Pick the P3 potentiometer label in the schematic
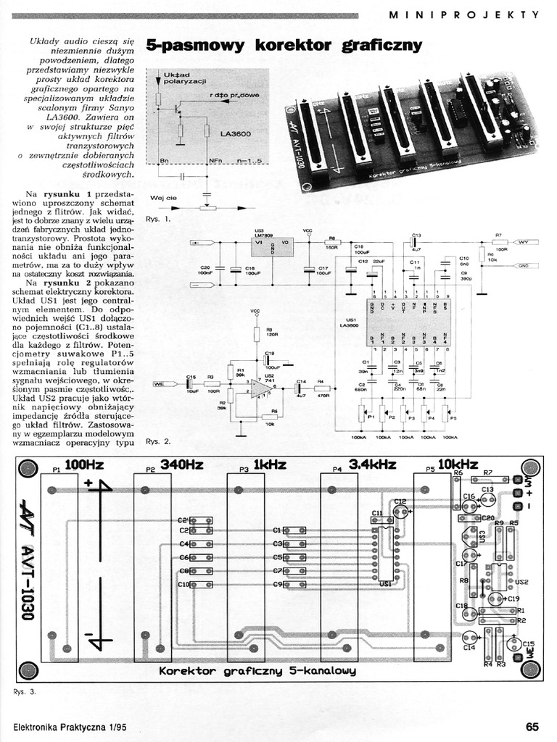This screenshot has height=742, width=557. pyautogui.click(x=410, y=418)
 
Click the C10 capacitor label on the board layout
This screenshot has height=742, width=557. pyautogui.click(x=183, y=584)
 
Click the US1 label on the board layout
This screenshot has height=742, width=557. pyautogui.click(x=386, y=583)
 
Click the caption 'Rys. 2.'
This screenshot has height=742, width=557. pyautogui.click(x=157, y=441)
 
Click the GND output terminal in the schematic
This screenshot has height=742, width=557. pyautogui.click(x=523, y=265)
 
